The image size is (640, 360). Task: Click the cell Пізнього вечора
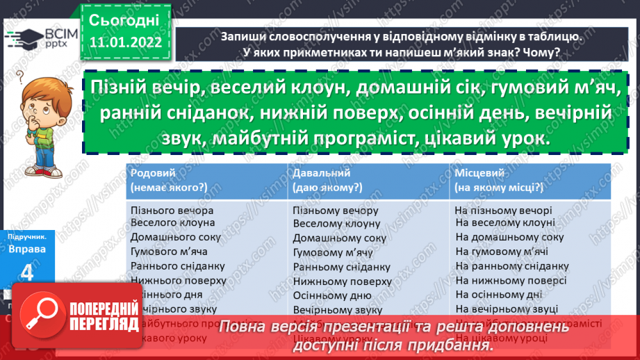click(x=172, y=211)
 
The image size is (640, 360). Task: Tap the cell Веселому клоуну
click(x=336, y=224)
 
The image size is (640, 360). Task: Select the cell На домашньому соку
click(x=509, y=237)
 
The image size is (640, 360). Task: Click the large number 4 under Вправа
click(x=26, y=273)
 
